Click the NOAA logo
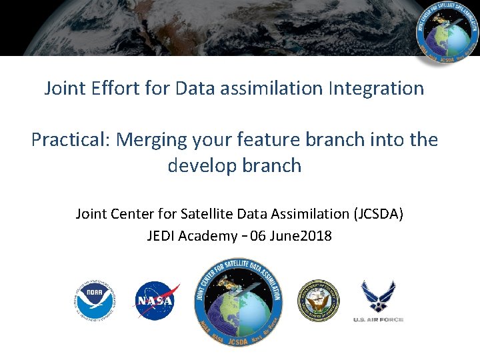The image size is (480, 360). [x=95, y=301]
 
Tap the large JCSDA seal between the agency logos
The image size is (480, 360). [x=238, y=301]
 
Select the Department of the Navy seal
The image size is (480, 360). [x=318, y=301]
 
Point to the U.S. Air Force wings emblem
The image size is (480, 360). [x=378, y=296]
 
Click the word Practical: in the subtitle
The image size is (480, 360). [x=71, y=140]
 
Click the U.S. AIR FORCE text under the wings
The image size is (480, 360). [x=378, y=320]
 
